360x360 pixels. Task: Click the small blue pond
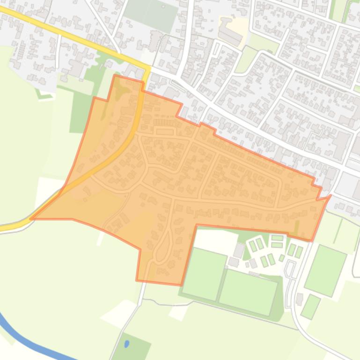click(127, 345)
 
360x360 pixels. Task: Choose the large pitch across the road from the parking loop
click(326, 270)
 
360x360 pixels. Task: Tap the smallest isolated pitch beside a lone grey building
click(310, 306)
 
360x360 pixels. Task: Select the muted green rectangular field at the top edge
click(151, 14)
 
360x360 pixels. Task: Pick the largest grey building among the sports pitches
click(239, 251)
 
